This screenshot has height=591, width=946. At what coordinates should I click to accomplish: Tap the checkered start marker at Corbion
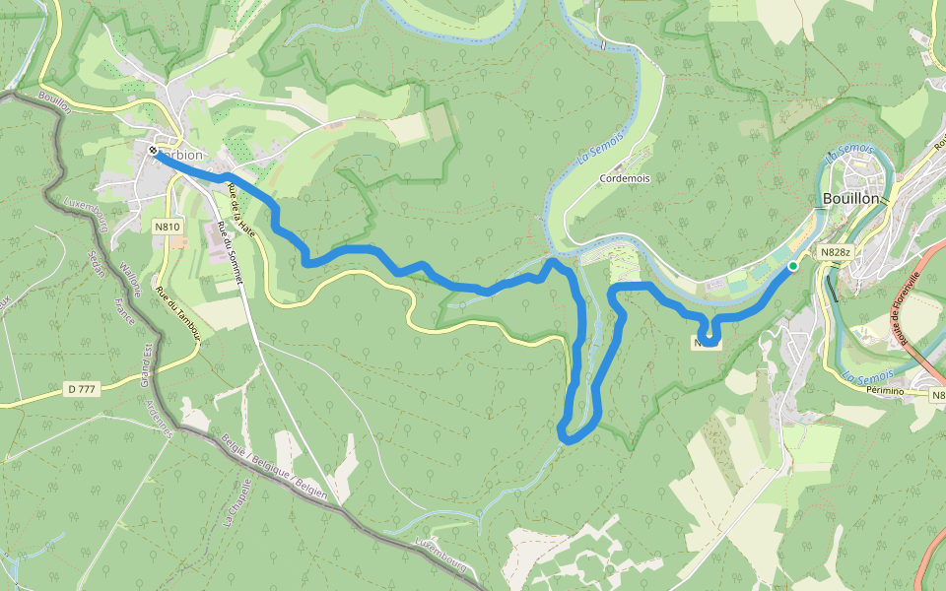[155, 150]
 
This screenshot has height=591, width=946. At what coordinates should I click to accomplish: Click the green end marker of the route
[792, 266]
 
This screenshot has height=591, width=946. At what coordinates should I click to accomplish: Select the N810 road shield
[168, 227]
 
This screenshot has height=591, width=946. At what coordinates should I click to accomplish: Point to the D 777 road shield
[83, 390]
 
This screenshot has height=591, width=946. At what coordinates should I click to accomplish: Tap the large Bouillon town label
[849, 198]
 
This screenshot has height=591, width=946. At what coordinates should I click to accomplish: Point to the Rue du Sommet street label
[229, 254]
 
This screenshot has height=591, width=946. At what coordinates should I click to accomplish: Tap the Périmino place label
[885, 391]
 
